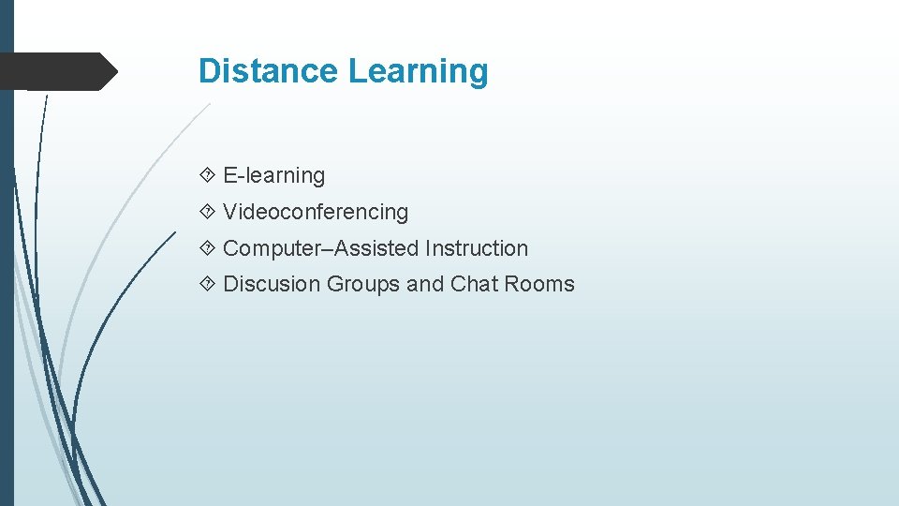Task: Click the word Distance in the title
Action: click(269, 71)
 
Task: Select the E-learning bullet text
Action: click(273, 175)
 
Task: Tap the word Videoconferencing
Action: click(316, 212)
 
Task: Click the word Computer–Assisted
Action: click(321, 248)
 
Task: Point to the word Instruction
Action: click(477, 248)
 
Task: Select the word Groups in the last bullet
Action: click(363, 284)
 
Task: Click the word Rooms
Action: click(540, 284)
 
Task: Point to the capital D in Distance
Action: click(209, 71)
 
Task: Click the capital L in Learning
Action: click(356, 71)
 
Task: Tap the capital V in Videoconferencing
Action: click(230, 212)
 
